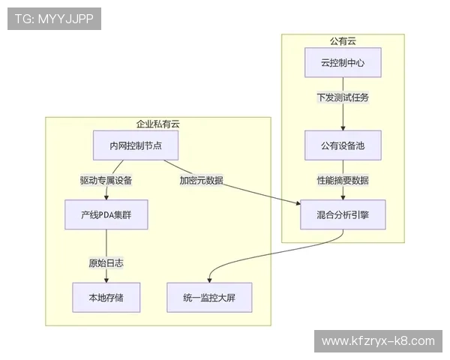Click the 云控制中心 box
click(343, 63)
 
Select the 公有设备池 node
click(343, 145)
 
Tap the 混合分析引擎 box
click(343, 214)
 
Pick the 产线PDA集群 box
click(106, 214)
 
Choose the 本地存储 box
click(106, 298)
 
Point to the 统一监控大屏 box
click(209, 298)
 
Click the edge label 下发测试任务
click(343, 97)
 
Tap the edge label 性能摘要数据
click(343, 180)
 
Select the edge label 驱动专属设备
click(106, 180)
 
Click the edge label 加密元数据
click(200, 180)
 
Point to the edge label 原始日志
click(106, 263)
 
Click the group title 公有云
click(343, 40)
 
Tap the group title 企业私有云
click(157, 124)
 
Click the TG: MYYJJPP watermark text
click(53, 19)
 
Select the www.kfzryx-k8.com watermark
click(377, 341)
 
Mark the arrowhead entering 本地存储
click(106, 280)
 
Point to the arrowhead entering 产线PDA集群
click(106, 197)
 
